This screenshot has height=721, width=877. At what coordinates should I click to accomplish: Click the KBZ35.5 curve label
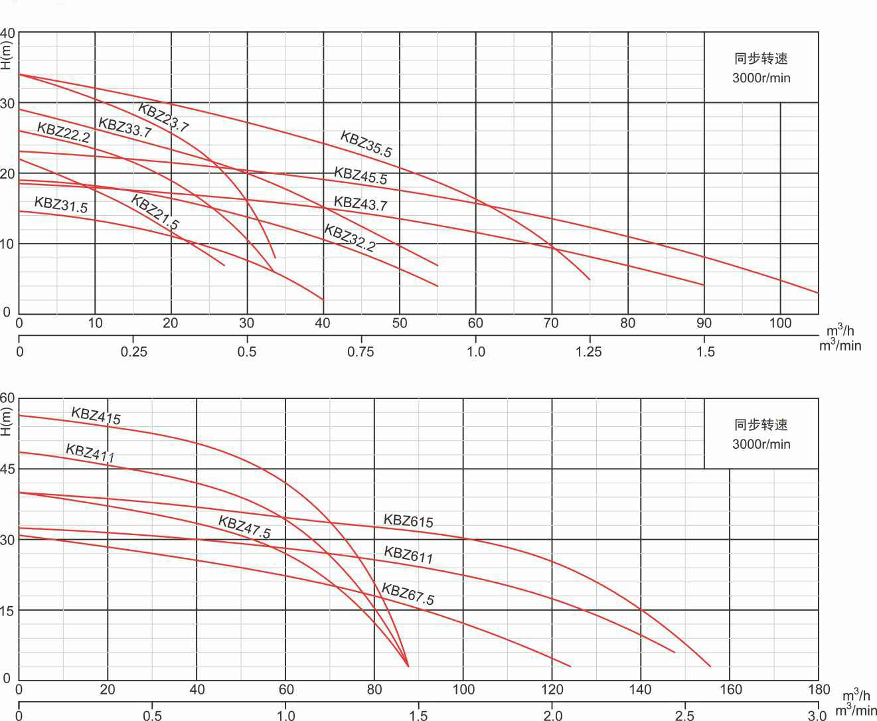click(366, 144)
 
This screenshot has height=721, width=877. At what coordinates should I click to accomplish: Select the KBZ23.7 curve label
click(163, 118)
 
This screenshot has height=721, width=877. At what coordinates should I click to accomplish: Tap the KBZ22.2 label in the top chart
click(63, 133)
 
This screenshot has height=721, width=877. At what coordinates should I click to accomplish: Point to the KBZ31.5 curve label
click(60, 204)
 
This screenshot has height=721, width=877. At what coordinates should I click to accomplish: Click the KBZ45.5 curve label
click(360, 175)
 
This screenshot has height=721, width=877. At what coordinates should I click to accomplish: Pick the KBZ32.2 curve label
click(349, 238)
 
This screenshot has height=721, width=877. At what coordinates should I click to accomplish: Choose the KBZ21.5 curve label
click(155, 212)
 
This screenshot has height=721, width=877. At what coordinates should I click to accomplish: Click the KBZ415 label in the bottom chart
click(96, 416)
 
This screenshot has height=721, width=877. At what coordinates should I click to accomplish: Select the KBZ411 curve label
click(90, 453)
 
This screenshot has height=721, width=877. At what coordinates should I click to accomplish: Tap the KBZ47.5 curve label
click(244, 527)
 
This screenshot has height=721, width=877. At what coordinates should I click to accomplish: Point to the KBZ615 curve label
click(408, 521)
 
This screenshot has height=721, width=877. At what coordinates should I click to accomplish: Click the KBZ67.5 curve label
click(408, 594)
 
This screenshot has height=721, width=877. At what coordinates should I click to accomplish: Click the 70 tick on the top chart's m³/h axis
click(551, 323)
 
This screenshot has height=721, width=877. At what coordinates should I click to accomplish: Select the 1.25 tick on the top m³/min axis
click(589, 351)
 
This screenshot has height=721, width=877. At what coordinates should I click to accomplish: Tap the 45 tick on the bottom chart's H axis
click(7, 469)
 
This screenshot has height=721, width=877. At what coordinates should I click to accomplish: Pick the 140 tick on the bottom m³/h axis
click(641, 690)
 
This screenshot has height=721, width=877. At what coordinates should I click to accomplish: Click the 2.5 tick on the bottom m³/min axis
click(684, 716)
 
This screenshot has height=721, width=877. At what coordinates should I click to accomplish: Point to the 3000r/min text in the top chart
click(761, 78)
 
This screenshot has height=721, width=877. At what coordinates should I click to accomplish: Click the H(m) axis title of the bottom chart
click(7, 422)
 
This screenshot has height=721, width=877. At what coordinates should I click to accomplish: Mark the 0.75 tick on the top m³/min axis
click(360, 351)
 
